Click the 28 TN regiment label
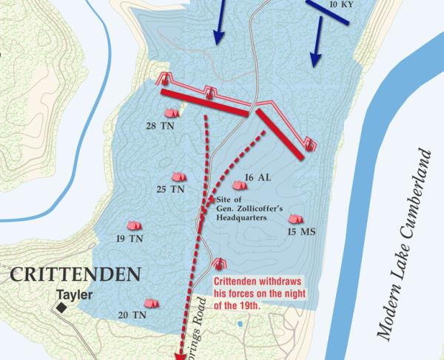[160, 126]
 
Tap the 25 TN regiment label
[170, 190]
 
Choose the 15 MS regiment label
[303, 232]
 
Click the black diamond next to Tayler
[61, 304]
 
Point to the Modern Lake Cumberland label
[403, 244]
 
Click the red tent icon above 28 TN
[172, 113]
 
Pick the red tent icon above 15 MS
[295, 219]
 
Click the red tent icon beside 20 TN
[151, 302]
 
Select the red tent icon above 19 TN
[135, 225]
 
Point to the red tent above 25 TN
[178, 177]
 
